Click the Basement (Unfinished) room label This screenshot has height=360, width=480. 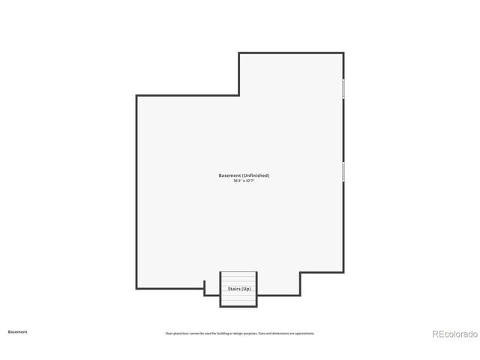(x=244, y=175)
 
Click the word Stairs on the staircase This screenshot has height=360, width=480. (x=233, y=288)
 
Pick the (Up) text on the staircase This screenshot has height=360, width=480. (x=246, y=288)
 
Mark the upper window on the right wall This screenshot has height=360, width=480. (x=343, y=88)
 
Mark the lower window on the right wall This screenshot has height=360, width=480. (x=343, y=171)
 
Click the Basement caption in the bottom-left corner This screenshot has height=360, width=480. (x=17, y=331)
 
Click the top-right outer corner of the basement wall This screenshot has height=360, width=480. (x=343, y=52)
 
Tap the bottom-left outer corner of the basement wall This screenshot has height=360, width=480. (x=136, y=289)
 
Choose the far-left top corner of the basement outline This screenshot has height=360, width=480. (x=136, y=95)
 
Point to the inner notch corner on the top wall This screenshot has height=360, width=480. (x=239, y=95)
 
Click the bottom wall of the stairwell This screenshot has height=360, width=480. (x=238, y=306)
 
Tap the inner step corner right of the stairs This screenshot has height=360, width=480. (x=300, y=273)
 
